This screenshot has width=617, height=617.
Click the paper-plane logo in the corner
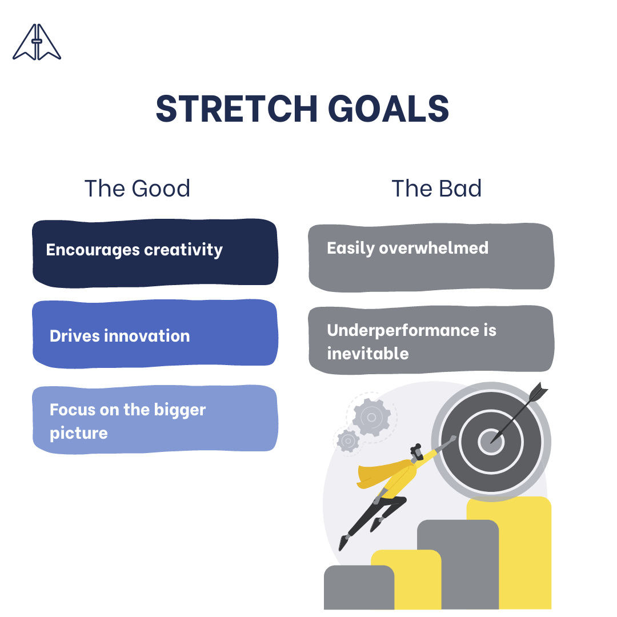[37, 42]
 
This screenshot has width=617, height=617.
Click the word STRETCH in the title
[237, 109]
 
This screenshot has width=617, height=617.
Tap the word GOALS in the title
[388, 109]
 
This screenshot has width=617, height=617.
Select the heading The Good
[137, 188]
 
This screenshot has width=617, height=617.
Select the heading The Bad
[436, 188]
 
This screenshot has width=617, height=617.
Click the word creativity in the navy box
[183, 250]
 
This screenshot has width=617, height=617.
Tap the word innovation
[147, 336]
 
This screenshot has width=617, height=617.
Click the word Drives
[75, 336]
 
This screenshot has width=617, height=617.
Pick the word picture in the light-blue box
[79, 434]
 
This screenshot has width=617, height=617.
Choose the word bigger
[180, 410]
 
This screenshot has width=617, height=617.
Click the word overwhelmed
[434, 248]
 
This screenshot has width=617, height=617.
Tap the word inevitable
[368, 354]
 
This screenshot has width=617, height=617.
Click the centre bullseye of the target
[491, 442]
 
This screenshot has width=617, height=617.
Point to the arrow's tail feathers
[538, 392]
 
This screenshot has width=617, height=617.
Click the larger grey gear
[371, 417]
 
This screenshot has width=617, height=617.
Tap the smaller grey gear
[348, 440]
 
